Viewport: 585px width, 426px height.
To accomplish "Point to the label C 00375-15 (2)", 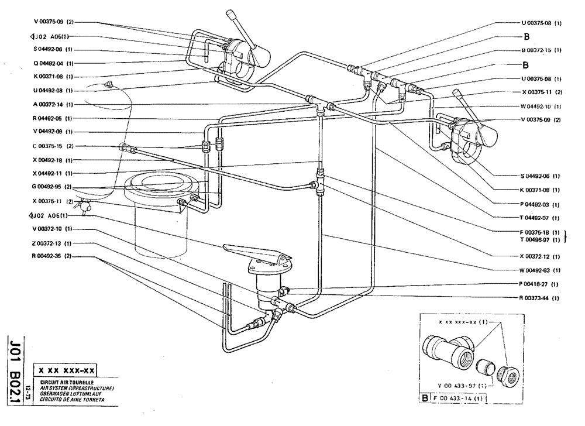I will pos(53,146).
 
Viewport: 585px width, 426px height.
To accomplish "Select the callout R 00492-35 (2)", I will pos(53,256).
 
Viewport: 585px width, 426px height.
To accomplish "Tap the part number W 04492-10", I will pos(541,106).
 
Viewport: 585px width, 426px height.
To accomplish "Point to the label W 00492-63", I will pos(541,270).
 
